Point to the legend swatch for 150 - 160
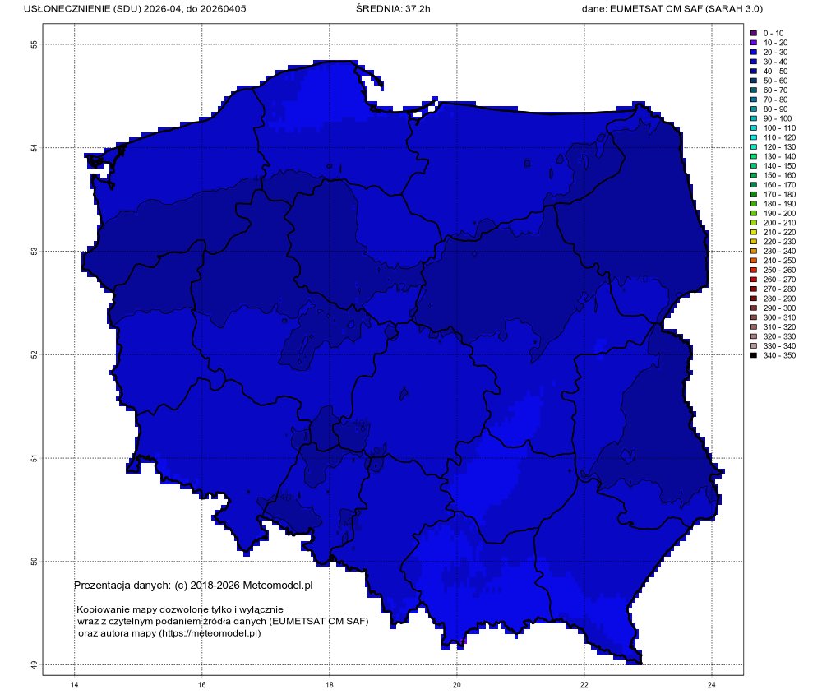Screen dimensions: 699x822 [x=753, y=175]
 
